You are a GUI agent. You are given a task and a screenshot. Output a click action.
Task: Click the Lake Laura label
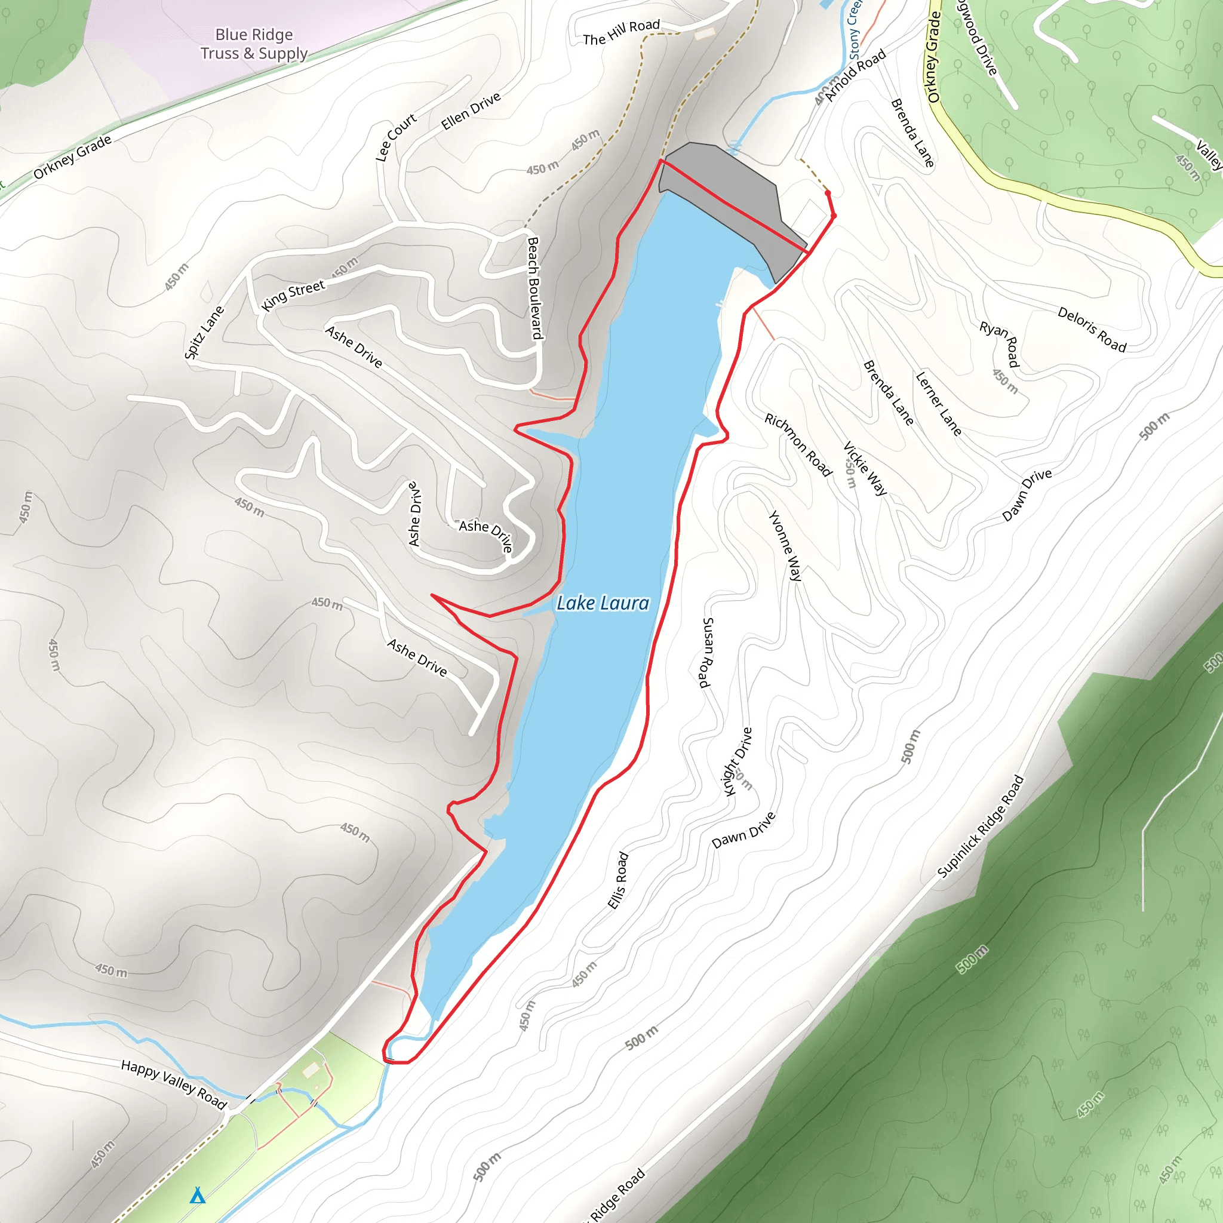(603, 603)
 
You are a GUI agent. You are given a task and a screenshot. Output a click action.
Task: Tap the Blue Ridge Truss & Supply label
(254, 44)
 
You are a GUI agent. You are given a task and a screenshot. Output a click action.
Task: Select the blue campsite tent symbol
(198, 1195)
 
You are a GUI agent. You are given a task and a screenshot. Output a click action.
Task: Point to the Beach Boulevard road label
(536, 288)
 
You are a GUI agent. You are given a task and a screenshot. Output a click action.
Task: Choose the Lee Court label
(396, 137)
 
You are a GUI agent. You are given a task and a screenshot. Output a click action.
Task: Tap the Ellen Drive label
(471, 111)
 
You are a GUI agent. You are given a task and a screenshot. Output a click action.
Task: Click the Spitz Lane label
(204, 333)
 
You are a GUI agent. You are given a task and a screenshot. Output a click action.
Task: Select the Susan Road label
(706, 652)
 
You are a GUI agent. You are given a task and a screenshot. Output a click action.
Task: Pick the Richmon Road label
(798, 444)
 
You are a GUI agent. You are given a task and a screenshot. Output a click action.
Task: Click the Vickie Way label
(865, 468)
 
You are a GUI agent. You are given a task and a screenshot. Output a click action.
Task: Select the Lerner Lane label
(938, 403)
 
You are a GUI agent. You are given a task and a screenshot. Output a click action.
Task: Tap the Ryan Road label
(1000, 344)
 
